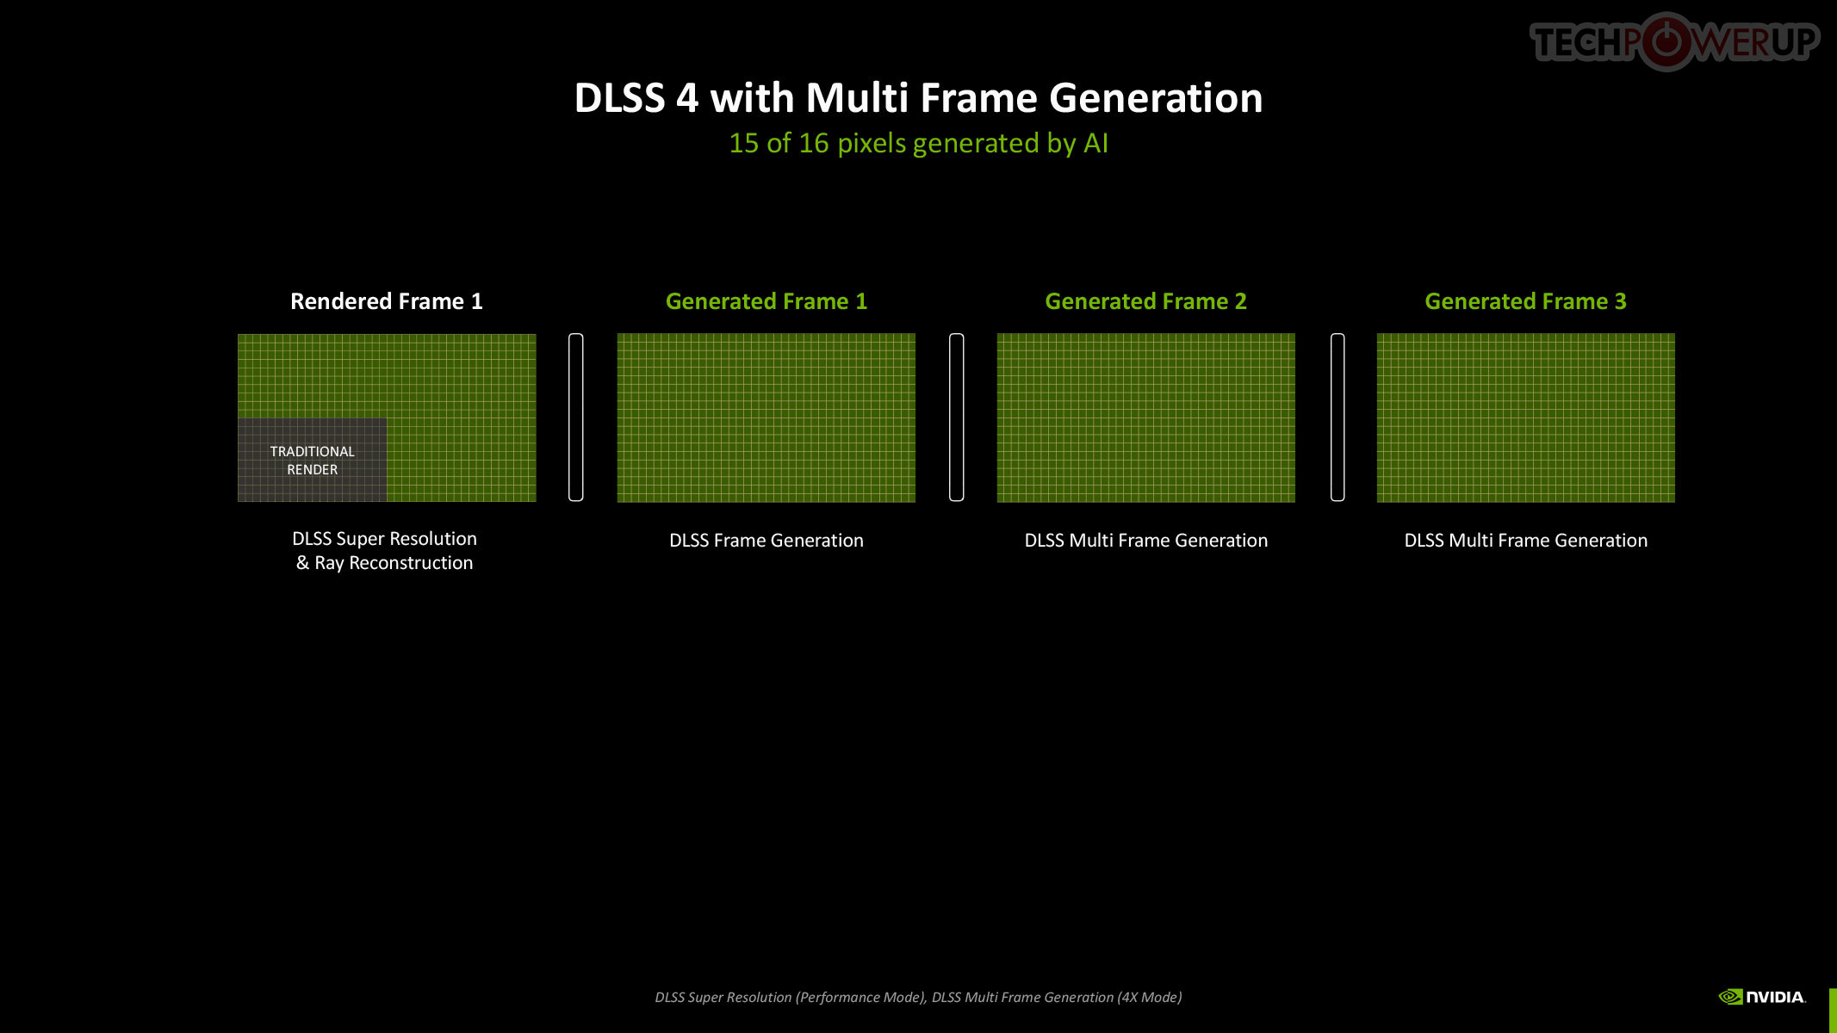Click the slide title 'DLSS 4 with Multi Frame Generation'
(x=918, y=97)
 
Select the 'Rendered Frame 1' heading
(x=387, y=301)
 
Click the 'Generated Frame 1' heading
(x=766, y=301)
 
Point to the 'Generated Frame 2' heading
(x=1145, y=301)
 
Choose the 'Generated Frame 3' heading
(x=1525, y=301)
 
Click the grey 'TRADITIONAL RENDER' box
(x=312, y=460)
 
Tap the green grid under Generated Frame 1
(x=766, y=418)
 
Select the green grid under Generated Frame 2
(x=1145, y=418)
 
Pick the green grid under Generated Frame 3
(x=1525, y=418)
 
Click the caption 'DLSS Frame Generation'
(x=766, y=541)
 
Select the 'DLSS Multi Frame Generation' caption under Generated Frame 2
(x=1145, y=541)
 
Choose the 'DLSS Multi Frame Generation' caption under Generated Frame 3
(x=1525, y=541)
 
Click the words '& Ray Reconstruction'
(x=385, y=563)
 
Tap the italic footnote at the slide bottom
(x=918, y=997)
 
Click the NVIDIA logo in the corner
(x=1761, y=997)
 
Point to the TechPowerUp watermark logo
(x=1673, y=41)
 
